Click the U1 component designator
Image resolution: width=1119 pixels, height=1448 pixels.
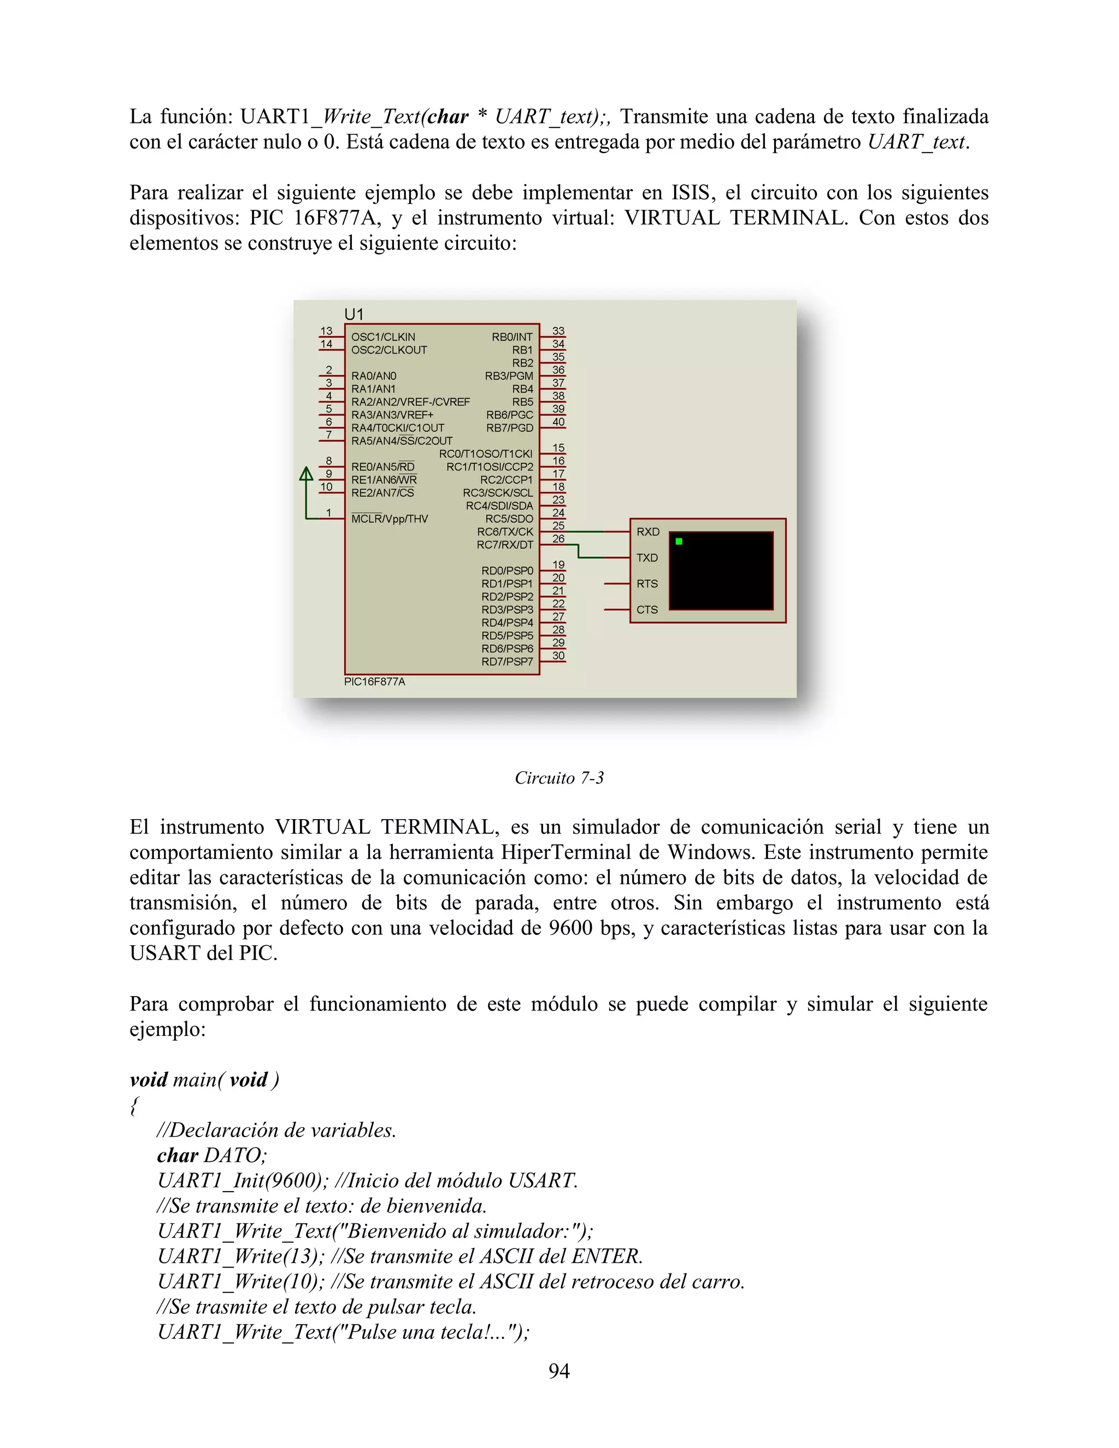(x=354, y=314)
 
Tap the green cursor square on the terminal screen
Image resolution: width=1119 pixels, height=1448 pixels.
(x=679, y=541)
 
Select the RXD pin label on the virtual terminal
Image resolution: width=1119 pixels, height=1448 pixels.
(x=647, y=532)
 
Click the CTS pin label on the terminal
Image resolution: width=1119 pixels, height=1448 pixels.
(x=647, y=610)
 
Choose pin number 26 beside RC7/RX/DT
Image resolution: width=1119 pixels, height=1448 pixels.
(x=558, y=539)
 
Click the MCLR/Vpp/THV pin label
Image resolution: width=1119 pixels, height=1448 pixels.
(x=389, y=519)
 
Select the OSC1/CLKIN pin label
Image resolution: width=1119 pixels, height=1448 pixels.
(x=383, y=337)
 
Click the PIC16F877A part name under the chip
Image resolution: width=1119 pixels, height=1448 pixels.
(x=374, y=681)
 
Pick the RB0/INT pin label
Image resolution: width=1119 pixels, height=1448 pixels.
(x=512, y=337)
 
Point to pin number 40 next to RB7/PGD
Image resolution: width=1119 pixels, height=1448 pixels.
(x=558, y=422)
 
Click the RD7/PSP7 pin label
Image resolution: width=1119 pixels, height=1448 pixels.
(x=507, y=662)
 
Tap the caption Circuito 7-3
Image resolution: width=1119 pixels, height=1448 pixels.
(x=559, y=778)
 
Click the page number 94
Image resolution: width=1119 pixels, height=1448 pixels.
(x=559, y=1371)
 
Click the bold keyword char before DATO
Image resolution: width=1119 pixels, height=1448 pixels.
(x=177, y=1156)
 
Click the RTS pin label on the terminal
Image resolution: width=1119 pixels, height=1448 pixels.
(x=647, y=584)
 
